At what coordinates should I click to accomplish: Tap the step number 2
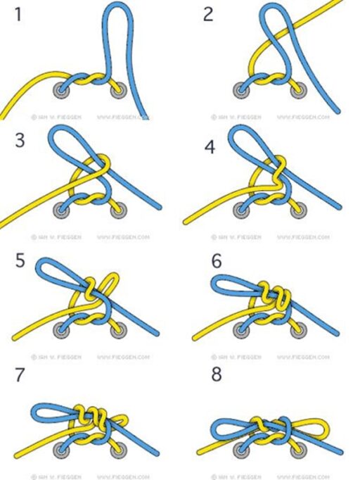coord(207,14)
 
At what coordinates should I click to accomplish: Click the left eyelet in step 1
coord(62,89)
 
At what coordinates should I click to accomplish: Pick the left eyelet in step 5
coord(62,329)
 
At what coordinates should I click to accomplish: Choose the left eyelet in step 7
coord(62,446)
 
